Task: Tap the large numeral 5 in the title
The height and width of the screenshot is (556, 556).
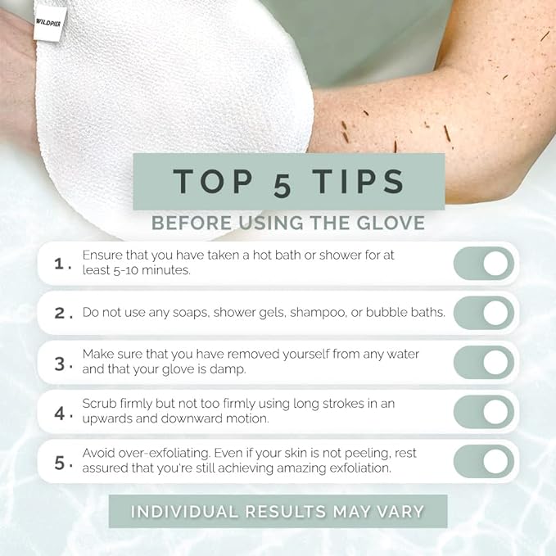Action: click(282, 184)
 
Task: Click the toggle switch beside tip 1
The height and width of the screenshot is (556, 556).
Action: click(483, 264)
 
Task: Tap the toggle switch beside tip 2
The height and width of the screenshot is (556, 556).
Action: click(483, 313)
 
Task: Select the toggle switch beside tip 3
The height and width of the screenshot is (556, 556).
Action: click(483, 363)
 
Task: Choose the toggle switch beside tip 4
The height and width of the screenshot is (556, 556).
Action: click(483, 412)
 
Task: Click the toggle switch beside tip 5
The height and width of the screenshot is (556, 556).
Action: click(483, 462)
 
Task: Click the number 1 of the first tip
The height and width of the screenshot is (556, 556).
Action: click(58, 264)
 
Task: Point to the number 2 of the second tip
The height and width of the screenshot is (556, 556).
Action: click(59, 314)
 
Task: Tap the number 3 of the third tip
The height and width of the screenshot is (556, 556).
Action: click(59, 364)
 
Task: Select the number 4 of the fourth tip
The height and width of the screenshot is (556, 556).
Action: click(59, 413)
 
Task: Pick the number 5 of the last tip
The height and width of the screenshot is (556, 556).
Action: click(59, 463)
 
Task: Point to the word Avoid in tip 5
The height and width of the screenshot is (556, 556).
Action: click(99, 454)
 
